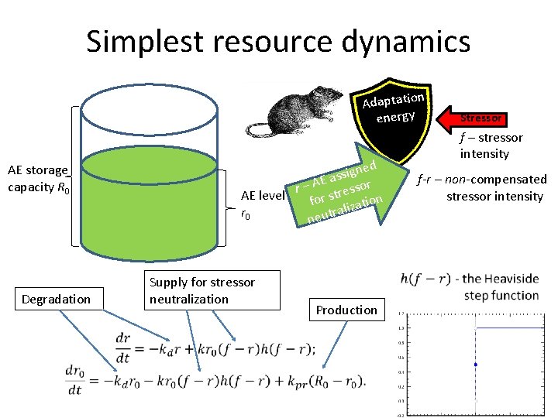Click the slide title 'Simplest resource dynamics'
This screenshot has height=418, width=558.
pos(278,41)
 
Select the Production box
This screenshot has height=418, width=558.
pos(346,310)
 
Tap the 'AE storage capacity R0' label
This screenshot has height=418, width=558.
pos(37,178)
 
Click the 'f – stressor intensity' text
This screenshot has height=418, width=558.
pos(491,146)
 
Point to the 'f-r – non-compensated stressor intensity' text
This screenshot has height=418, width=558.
pos(482,187)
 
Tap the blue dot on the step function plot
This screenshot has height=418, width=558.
pos(474,364)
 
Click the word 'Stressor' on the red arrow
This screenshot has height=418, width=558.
pos(482,118)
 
